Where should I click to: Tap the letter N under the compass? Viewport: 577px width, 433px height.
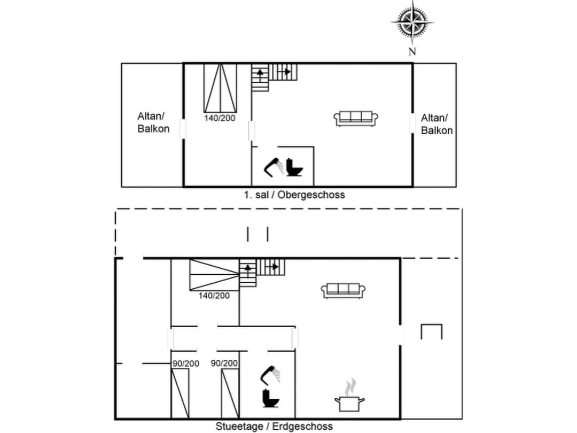pyautogui.click(x=412, y=51)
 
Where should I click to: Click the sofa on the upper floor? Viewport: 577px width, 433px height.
pyautogui.click(x=356, y=118)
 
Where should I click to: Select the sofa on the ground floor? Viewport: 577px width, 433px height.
pyautogui.click(x=343, y=290)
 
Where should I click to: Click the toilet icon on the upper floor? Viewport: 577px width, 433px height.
pyautogui.click(x=294, y=167)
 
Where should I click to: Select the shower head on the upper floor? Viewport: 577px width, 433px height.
pyautogui.click(x=275, y=166)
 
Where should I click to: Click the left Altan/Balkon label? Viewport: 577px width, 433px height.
pyautogui.click(x=153, y=122)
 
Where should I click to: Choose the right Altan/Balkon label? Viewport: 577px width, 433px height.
pyautogui.click(x=436, y=124)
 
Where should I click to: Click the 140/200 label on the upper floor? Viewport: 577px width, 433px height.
pyautogui.click(x=220, y=118)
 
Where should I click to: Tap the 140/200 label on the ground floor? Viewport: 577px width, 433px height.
pyautogui.click(x=214, y=295)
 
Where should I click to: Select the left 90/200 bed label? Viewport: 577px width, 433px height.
pyautogui.click(x=185, y=364)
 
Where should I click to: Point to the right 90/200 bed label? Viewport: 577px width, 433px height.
pyautogui.click(x=224, y=364)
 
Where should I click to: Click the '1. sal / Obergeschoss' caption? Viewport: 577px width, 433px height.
pyautogui.click(x=294, y=195)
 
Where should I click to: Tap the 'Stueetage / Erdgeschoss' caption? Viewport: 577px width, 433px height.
pyautogui.click(x=274, y=426)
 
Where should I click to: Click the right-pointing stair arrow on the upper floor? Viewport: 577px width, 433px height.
pyautogui.click(x=286, y=71)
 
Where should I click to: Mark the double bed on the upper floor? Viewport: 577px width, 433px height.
pyautogui.click(x=220, y=87)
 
